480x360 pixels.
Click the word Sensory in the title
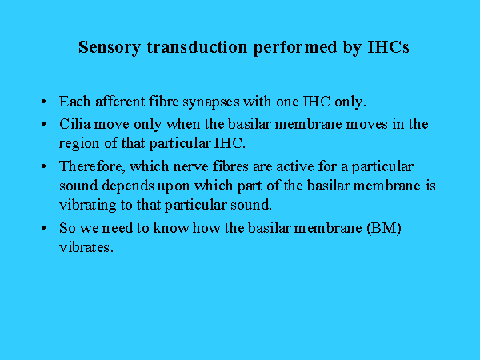[x=110, y=48]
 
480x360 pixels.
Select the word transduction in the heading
[x=197, y=47]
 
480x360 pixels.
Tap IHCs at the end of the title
[x=388, y=47]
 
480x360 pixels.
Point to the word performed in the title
[x=294, y=48]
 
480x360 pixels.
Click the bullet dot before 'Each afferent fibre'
[x=43, y=102]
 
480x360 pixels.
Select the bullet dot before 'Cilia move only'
[x=43, y=124]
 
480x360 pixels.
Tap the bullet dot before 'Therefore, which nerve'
[x=43, y=166]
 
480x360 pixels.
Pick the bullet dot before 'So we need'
[x=43, y=228]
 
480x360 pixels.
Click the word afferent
[x=120, y=102]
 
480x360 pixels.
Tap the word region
[x=79, y=144]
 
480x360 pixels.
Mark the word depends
[x=128, y=186]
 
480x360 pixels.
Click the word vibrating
[x=87, y=206]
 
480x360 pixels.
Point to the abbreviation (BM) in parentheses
[x=384, y=228]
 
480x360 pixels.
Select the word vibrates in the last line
[x=86, y=247]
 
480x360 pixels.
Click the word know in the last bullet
[x=171, y=228]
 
